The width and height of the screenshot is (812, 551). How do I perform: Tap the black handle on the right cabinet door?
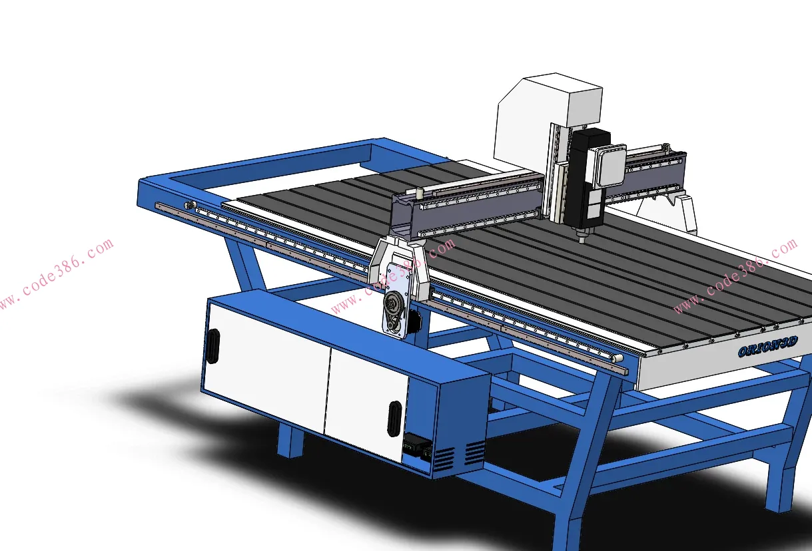tap(394, 419)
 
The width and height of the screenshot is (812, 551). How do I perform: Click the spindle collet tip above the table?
tap(581, 238)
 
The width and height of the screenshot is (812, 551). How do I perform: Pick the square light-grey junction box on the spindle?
tap(607, 166)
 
